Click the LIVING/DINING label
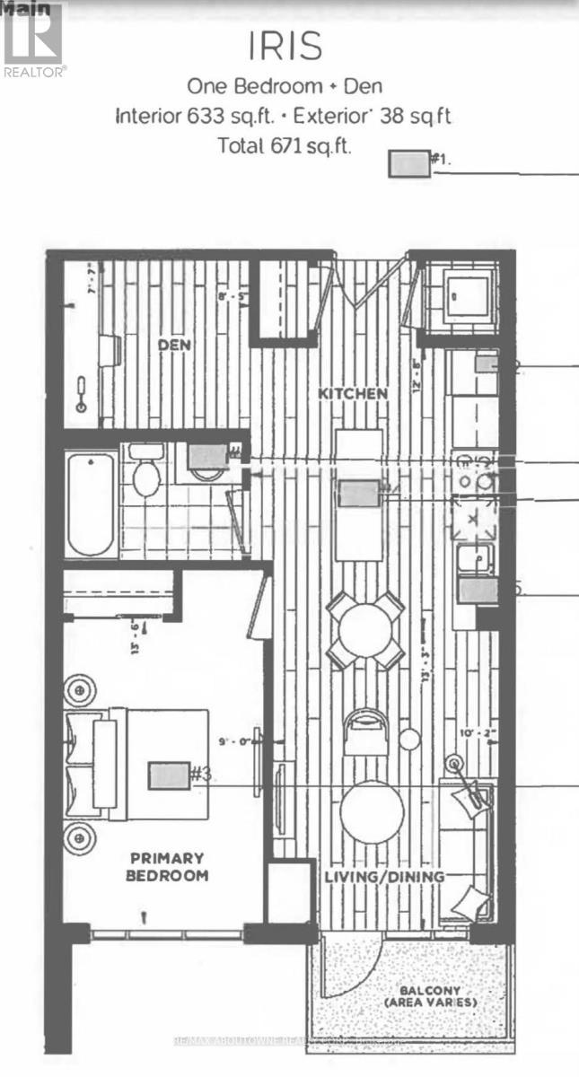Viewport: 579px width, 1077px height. [x=384, y=877]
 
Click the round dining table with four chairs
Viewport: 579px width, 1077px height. [x=365, y=629]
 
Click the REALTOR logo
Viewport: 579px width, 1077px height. [x=33, y=40]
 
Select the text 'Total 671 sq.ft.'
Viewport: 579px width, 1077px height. [x=285, y=145]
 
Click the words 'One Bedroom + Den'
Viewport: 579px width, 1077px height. [x=284, y=86]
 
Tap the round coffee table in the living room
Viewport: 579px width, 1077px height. [x=372, y=811]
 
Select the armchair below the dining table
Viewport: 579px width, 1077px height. [x=364, y=730]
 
